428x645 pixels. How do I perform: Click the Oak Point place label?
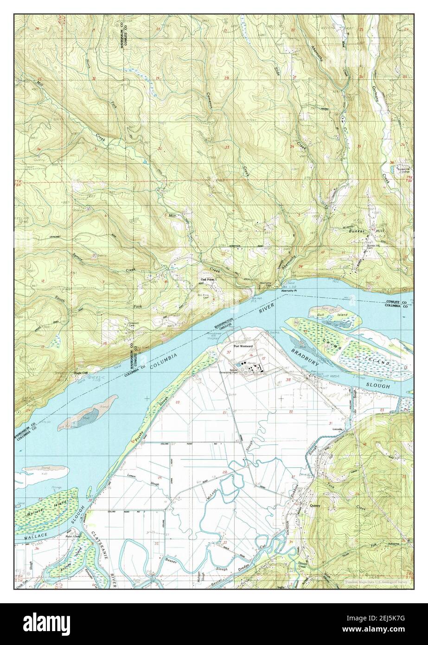(x=207, y=279)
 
